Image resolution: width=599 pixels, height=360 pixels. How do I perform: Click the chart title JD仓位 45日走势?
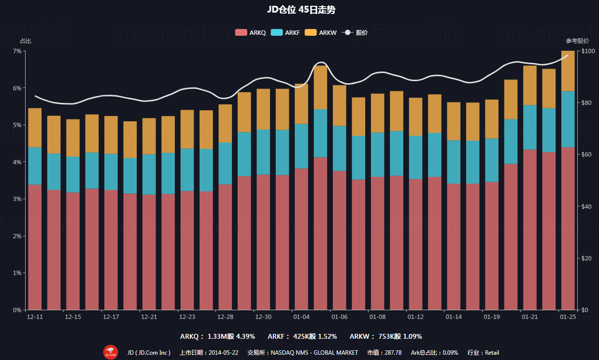click(299, 10)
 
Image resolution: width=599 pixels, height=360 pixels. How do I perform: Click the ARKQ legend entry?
click(250, 33)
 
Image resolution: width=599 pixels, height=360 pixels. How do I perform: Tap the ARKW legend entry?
click(321, 33)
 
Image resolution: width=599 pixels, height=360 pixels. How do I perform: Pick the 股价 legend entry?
click(355, 33)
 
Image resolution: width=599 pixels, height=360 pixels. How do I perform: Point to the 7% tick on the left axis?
click(17, 51)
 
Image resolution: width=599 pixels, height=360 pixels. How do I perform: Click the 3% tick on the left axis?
click(17, 199)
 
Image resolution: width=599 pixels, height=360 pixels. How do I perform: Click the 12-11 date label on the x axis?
click(35, 317)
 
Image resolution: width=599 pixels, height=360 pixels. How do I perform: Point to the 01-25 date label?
click(568, 317)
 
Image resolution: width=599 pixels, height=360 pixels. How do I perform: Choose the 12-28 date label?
click(225, 317)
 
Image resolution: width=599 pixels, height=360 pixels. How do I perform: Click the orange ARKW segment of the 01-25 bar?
click(568, 71)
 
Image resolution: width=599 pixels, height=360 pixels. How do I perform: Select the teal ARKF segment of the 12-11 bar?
click(35, 166)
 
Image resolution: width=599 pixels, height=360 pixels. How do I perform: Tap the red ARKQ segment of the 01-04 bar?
click(301, 239)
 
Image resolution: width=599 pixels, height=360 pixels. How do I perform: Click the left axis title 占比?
click(25, 41)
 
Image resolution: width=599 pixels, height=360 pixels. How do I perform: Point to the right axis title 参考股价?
click(577, 41)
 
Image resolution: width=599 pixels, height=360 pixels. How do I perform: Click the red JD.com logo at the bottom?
click(110, 352)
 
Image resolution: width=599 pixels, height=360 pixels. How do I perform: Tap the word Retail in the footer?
click(492, 353)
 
